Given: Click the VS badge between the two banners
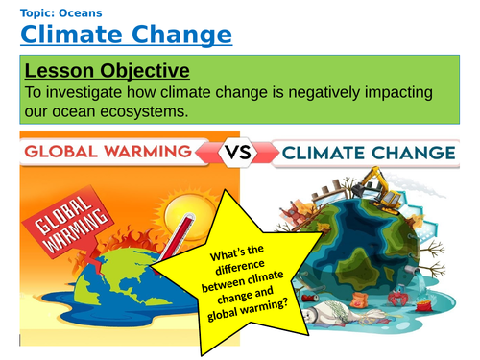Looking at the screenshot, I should tap(240, 153).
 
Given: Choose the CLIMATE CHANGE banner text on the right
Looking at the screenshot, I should tap(373, 153).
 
